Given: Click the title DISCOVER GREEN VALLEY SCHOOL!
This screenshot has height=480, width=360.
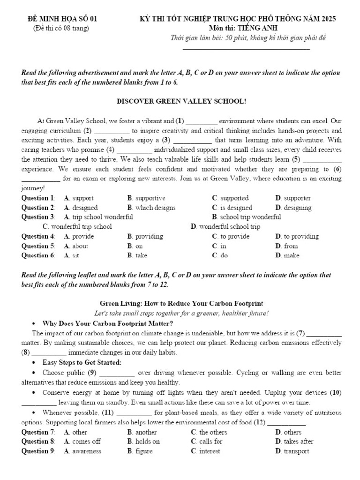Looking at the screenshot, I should click(x=181, y=101).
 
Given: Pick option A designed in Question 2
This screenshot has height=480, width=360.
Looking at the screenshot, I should click(x=81, y=208).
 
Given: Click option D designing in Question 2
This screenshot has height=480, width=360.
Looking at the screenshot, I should click(x=294, y=208).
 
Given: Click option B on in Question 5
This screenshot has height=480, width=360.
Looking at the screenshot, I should click(x=135, y=246).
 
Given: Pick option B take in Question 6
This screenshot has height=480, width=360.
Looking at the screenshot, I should click(x=137, y=255).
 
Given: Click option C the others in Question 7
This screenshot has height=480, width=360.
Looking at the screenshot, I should click(x=209, y=432).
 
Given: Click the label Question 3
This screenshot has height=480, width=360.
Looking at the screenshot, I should click(x=38, y=217).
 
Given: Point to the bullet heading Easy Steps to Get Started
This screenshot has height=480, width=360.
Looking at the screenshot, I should click(x=82, y=362).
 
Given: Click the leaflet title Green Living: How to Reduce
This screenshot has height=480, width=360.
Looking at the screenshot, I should click(x=181, y=304).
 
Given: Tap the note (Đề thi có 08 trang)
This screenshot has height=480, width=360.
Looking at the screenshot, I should click(x=61, y=28).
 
